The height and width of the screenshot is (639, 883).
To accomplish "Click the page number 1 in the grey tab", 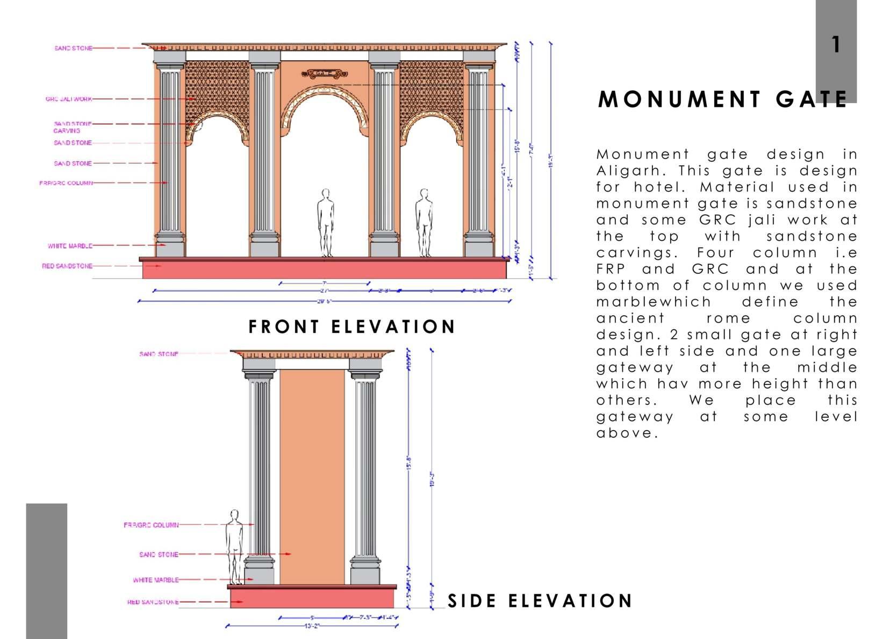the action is (836, 45).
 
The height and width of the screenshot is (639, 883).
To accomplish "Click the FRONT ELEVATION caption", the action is (352, 326).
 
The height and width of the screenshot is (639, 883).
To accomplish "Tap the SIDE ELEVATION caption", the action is (540, 601).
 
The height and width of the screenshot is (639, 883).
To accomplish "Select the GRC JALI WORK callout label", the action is (69, 99).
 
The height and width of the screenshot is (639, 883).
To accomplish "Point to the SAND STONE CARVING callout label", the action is (73, 127).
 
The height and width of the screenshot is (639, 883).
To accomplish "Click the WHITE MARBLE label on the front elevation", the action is (70, 246).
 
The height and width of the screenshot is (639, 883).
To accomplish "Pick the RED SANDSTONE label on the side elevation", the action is (153, 602).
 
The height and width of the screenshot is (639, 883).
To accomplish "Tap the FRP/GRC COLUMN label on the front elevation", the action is (66, 183).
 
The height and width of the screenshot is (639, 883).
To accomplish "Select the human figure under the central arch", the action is (325, 222).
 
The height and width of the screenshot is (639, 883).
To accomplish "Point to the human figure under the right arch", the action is (424, 222).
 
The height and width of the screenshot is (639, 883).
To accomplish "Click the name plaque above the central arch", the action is (325, 73).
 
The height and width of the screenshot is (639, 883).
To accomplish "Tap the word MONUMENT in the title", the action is (679, 100).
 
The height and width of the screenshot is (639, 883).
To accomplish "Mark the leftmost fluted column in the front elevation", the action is (170, 156).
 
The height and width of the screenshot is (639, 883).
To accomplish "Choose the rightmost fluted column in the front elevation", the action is (478, 156).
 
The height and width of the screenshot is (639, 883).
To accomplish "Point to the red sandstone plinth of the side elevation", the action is (312, 598).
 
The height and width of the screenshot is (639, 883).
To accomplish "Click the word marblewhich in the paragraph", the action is (654, 302).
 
